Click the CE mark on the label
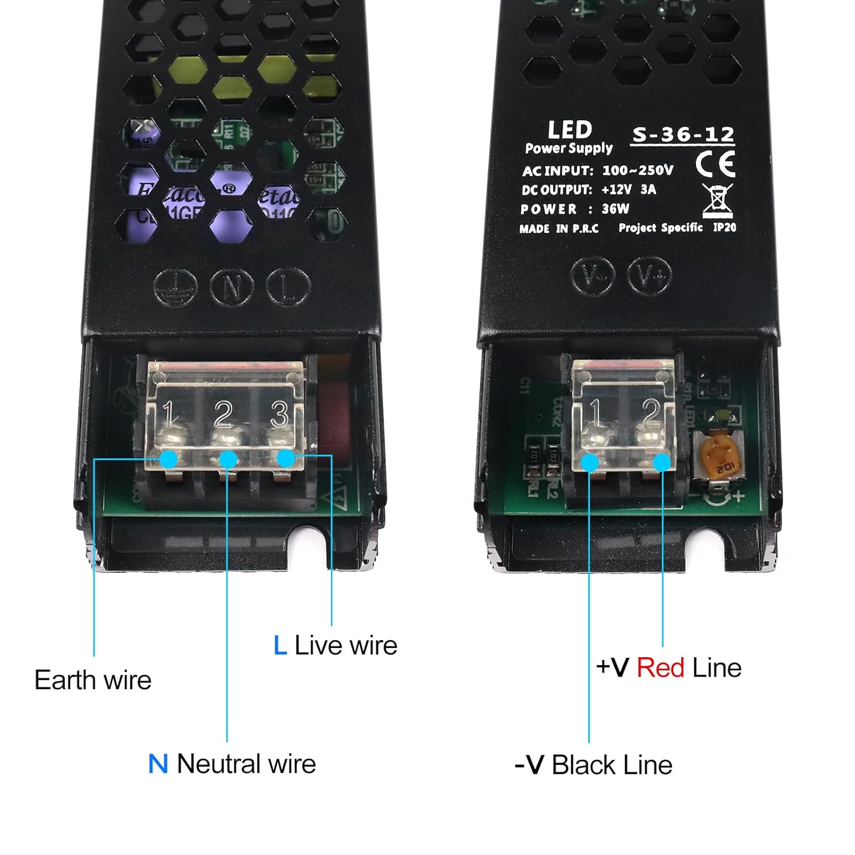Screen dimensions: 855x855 (715, 164)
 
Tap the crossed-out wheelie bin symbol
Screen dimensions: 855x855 (718, 200)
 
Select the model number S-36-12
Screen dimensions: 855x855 (683, 135)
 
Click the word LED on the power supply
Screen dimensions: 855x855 (569, 130)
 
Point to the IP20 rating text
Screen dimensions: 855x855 (724, 227)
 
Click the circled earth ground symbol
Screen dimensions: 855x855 (176, 287)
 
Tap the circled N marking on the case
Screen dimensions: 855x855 (231, 287)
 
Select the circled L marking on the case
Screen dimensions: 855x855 (288, 287)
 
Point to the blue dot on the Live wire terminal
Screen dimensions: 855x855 (286, 458)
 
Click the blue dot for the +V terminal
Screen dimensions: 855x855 (662, 462)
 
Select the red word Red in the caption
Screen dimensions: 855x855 (660, 667)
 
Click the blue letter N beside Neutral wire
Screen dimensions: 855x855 (158, 764)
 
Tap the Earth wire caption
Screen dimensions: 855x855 (93, 680)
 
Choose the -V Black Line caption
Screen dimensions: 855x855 (593, 765)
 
